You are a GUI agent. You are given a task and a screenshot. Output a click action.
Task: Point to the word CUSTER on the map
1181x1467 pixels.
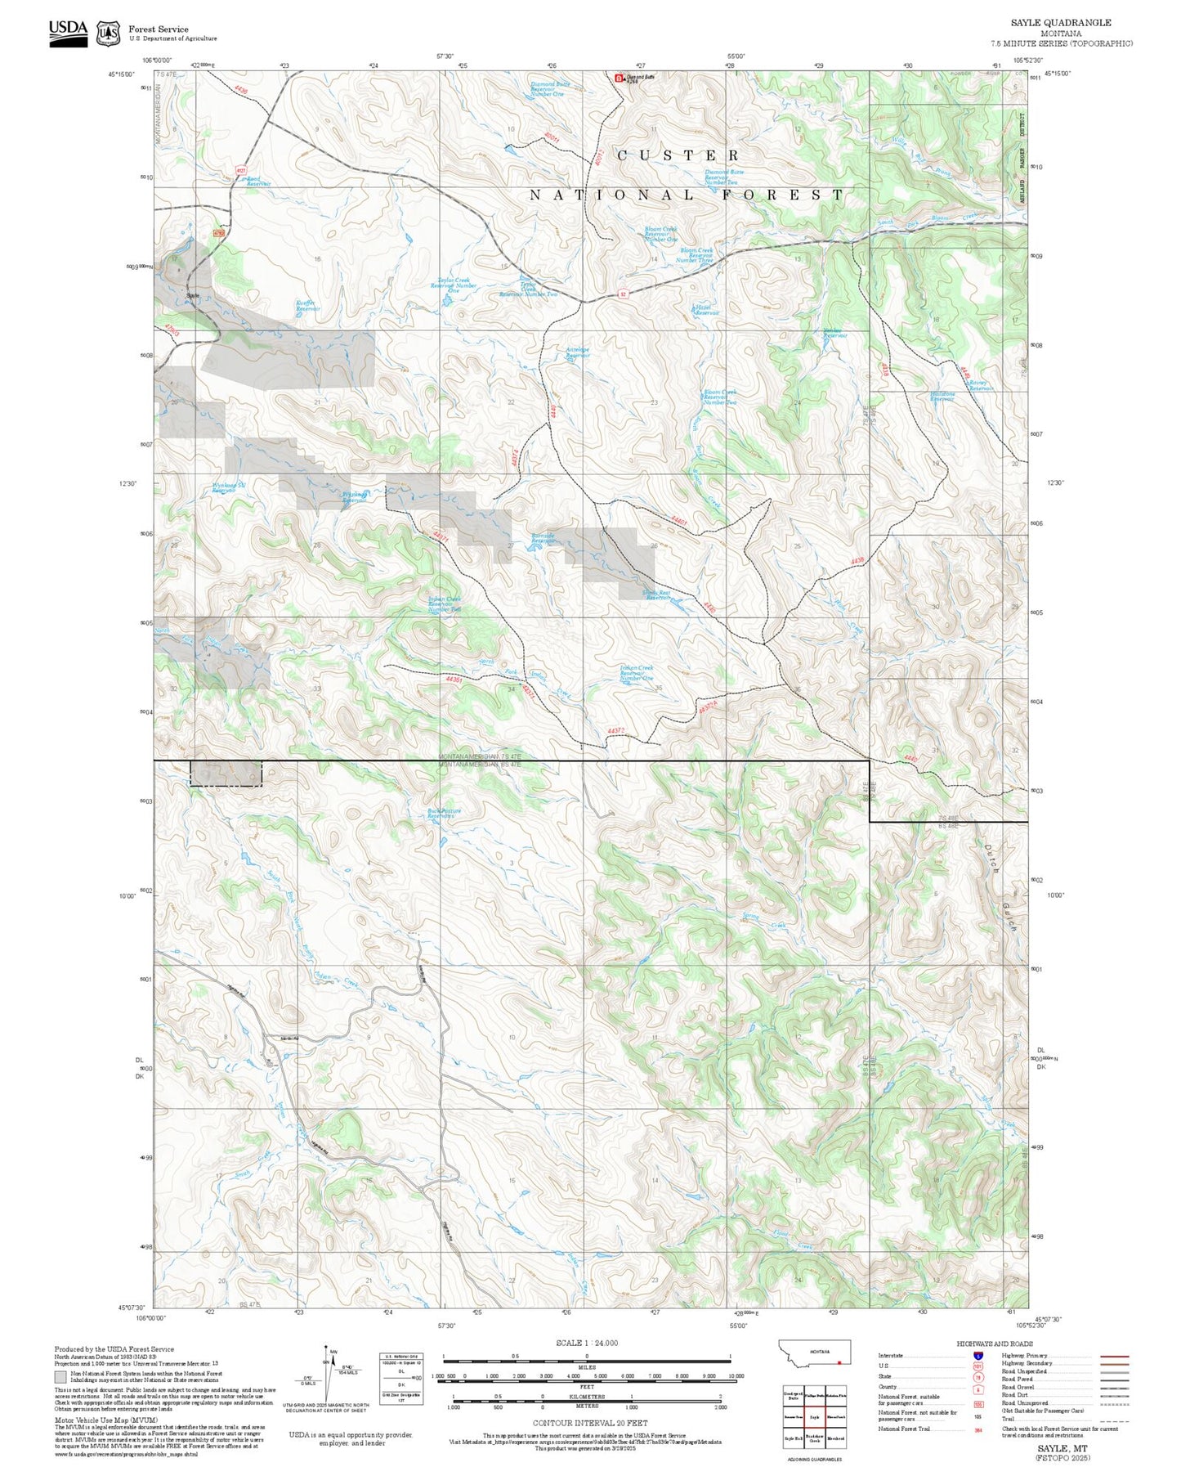(x=678, y=155)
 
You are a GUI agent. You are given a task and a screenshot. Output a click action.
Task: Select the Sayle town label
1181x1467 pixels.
(x=193, y=295)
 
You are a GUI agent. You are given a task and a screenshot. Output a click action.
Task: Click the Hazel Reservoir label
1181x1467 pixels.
(x=705, y=310)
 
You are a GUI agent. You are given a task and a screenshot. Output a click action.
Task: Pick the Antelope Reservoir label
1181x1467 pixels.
(x=578, y=352)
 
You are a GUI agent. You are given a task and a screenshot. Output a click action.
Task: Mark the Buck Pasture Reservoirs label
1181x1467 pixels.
(x=444, y=814)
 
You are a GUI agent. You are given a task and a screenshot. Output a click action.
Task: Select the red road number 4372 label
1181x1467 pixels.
(x=616, y=730)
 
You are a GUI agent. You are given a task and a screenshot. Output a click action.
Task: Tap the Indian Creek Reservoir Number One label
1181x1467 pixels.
(x=637, y=673)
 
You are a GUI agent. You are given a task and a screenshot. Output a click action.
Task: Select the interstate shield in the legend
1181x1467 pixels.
(x=977, y=1355)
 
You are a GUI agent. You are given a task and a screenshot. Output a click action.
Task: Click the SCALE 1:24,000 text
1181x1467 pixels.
(x=587, y=1343)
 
